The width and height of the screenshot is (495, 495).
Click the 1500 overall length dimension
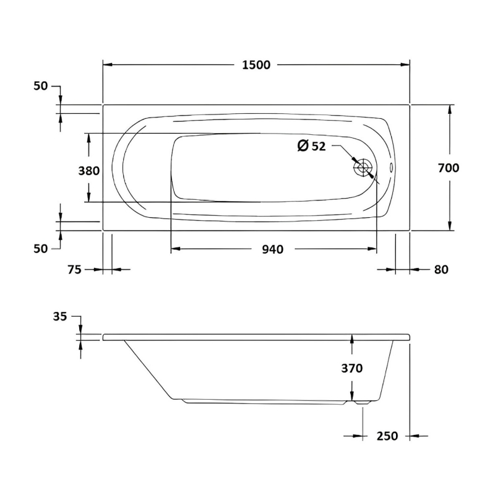pos(256,65)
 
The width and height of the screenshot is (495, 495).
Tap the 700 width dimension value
pos(448,168)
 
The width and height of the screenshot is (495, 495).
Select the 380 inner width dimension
pos(88,171)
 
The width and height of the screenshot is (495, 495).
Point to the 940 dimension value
pos(273,249)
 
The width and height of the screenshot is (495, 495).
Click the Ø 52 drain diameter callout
pos(311,146)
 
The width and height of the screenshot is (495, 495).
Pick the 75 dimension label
pos(74,270)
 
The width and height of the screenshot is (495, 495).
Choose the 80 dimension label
pos(441,270)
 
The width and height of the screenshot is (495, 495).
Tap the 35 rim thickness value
pos(59,316)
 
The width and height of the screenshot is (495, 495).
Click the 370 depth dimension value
pos(351,368)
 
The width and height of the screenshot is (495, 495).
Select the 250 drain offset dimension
pos(387,436)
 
